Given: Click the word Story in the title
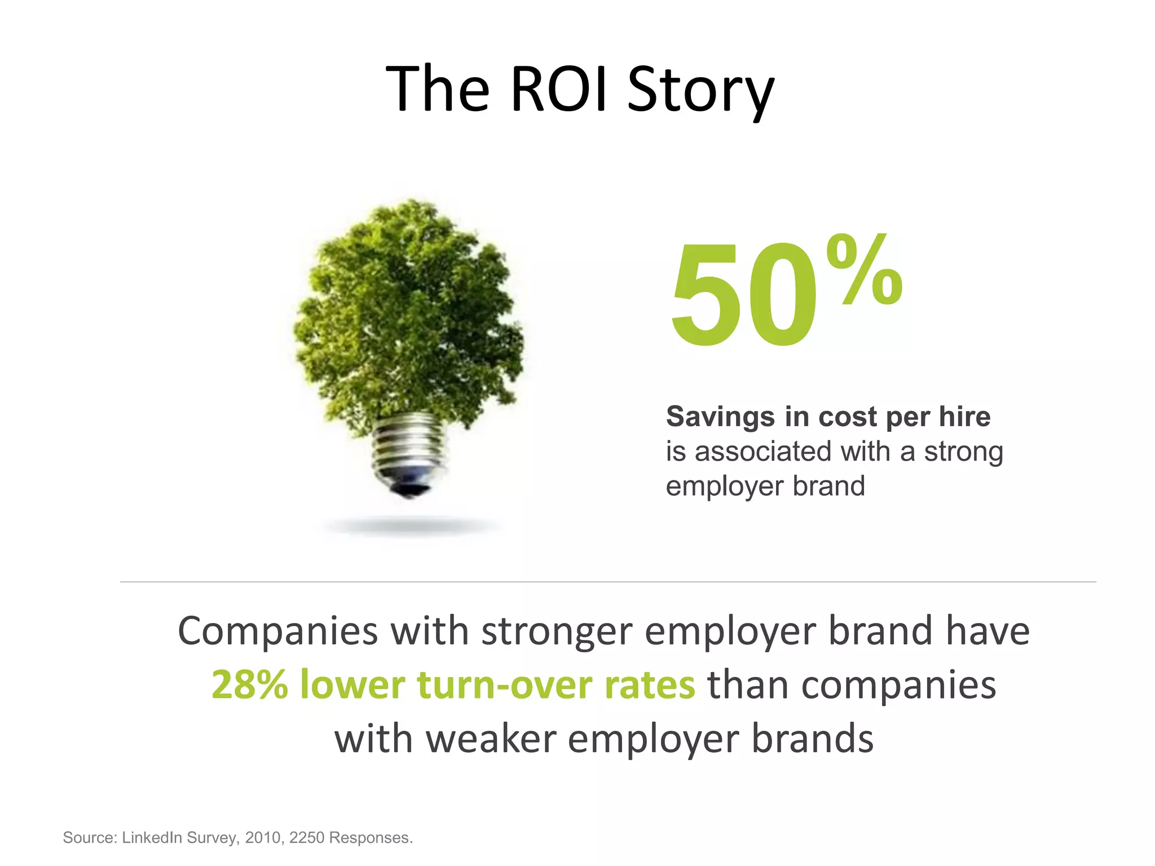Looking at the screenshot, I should [x=700, y=91].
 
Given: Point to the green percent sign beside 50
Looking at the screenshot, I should [x=864, y=271].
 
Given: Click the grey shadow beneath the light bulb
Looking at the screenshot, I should [x=411, y=527].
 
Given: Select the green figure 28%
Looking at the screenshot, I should [x=249, y=685].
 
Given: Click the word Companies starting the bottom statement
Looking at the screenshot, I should [x=277, y=631].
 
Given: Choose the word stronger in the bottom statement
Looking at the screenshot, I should [x=556, y=631].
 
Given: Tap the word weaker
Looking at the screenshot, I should [x=491, y=739].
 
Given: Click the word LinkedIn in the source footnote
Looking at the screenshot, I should [x=152, y=838].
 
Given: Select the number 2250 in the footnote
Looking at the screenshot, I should [x=307, y=838].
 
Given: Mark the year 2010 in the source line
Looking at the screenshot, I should [x=263, y=838].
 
